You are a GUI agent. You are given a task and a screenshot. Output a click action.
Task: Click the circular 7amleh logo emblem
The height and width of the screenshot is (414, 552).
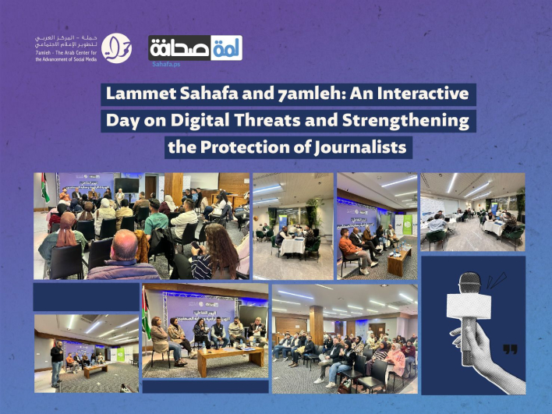[x=116, y=47]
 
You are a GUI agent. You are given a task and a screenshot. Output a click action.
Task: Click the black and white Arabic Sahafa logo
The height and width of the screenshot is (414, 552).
[x=195, y=48]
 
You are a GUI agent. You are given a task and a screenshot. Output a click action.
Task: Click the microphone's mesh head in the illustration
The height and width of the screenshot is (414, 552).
[x=470, y=285]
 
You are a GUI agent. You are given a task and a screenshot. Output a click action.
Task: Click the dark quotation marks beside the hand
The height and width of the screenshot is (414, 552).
[x=510, y=349]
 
